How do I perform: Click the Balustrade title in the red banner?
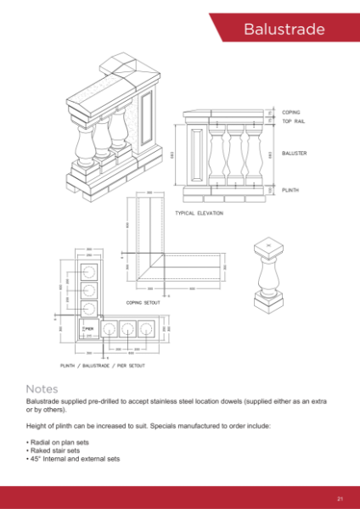click(284, 30)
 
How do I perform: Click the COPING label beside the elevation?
click(292, 112)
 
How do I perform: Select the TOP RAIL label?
click(294, 122)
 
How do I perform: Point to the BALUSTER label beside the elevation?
click(294, 154)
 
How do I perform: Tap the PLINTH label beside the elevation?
click(291, 190)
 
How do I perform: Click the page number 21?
click(340, 498)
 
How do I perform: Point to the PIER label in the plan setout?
click(87, 326)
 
